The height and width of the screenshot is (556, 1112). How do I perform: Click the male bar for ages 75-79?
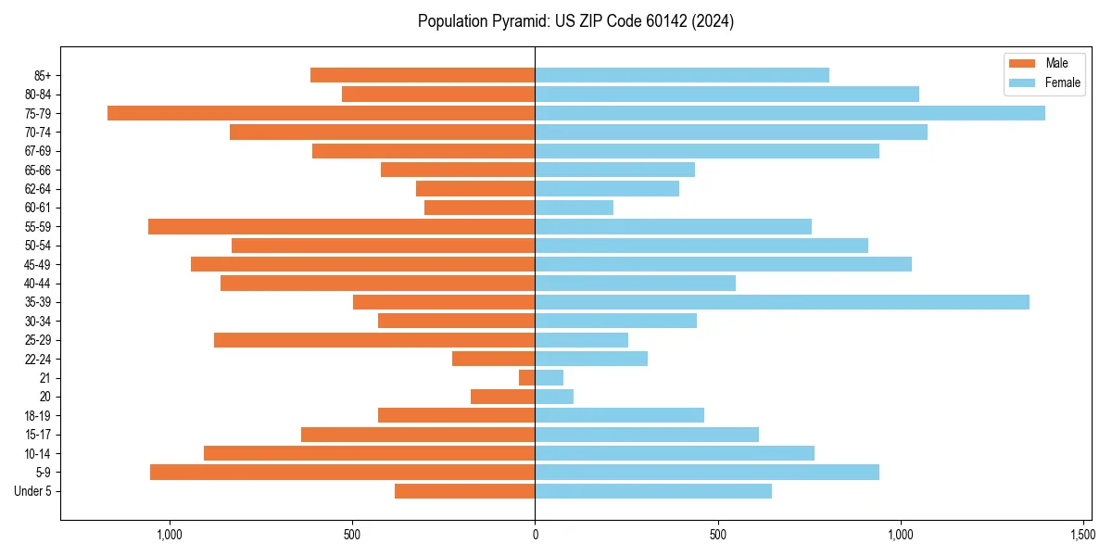321,113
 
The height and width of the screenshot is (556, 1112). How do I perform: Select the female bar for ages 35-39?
782,302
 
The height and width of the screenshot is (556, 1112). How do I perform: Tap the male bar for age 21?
527,377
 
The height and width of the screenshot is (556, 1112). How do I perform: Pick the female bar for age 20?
554,397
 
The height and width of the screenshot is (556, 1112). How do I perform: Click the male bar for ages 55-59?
341,226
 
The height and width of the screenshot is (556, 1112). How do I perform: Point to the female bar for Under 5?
653,491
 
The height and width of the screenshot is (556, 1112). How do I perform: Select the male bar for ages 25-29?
374,340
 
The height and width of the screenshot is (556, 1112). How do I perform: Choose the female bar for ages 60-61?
575,208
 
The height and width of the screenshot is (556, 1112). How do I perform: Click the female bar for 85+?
682,75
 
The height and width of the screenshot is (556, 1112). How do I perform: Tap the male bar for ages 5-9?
342,472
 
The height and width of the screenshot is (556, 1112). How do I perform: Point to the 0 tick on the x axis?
535,535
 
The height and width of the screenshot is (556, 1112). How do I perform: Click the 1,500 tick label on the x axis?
1083,535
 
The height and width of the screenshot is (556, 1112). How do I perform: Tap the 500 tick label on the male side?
352,535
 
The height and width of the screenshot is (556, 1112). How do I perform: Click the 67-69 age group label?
39,151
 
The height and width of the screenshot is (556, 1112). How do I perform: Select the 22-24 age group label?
39,359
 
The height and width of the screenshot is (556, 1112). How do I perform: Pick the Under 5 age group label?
33,491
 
